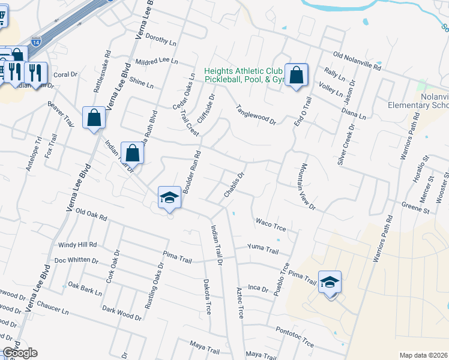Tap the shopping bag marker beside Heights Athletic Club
click(296, 76)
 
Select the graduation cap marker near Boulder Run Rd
click(170, 198)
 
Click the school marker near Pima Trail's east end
click(330, 283)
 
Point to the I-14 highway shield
click(37, 43)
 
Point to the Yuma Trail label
click(264, 248)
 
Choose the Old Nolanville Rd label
click(358, 61)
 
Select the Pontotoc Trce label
click(295, 337)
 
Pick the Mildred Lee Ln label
click(157, 61)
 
